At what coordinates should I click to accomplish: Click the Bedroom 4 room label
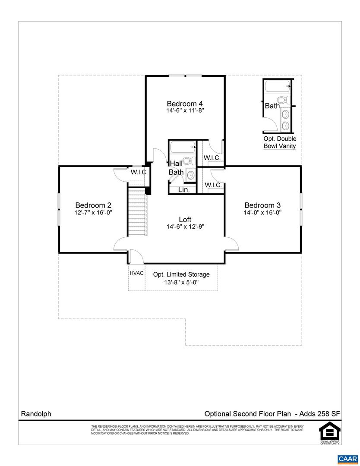185,104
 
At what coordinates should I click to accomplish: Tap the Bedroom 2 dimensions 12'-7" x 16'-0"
94,213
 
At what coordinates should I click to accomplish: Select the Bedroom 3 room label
262,205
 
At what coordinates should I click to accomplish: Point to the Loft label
185,220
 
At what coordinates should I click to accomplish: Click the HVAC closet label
136,273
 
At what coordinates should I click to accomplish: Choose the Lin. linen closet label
183,189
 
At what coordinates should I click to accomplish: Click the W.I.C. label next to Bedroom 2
139,172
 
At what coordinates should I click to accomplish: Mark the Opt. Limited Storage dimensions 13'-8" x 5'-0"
181,283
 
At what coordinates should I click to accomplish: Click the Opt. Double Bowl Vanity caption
280,142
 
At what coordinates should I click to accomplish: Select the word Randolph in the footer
36,413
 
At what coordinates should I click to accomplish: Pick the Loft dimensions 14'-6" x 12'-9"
185,227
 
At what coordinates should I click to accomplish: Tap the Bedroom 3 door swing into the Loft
232,244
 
